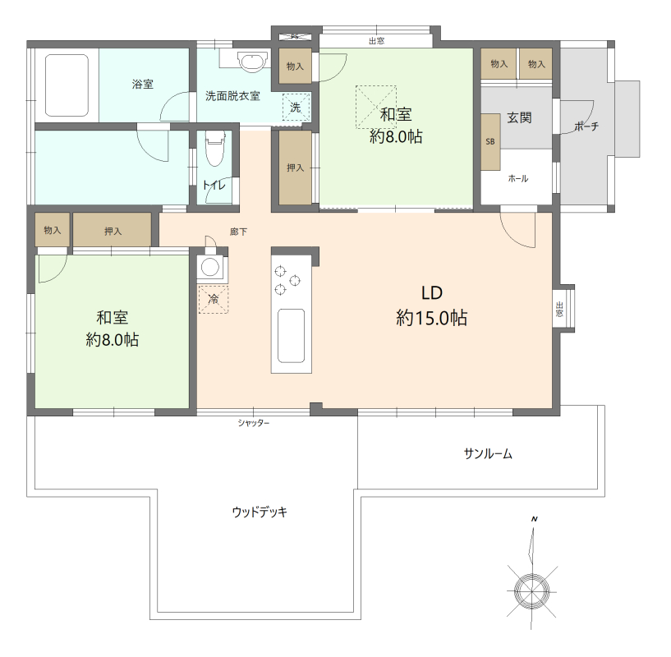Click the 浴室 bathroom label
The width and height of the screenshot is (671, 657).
point(142,85)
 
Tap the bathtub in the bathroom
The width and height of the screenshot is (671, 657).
point(67,85)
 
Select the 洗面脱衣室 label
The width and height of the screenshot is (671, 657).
point(232,96)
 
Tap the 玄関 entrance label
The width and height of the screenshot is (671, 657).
point(518,117)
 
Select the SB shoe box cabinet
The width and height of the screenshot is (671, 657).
point(490,141)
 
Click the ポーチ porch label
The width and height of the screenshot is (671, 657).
point(586,126)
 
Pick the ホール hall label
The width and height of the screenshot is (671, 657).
point(517,178)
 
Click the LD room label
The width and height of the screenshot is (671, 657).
point(432,292)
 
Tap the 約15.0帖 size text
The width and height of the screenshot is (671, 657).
point(432,319)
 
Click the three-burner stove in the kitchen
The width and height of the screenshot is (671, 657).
point(291,278)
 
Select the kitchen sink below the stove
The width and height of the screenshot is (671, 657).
point(291,335)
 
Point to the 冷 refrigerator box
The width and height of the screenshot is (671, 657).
point(213,299)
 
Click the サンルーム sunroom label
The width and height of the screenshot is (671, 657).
point(488,453)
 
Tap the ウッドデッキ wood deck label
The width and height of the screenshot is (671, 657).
point(259,512)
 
